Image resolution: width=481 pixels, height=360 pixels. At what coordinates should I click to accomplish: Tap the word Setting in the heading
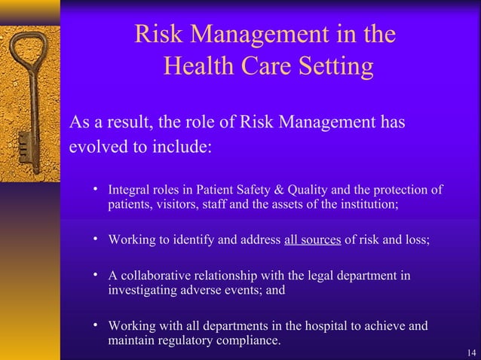pyautogui.click(x=330, y=68)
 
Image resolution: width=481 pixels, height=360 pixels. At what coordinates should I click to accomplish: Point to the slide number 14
pyautogui.click(x=471, y=352)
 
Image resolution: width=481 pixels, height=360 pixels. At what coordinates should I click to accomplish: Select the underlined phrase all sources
pyautogui.click(x=312, y=240)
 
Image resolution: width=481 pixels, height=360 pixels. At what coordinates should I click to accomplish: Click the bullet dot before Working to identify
pyautogui.click(x=96, y=239)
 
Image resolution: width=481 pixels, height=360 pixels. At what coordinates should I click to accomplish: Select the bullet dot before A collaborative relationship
pyautogui.click(x=96, y=276)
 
